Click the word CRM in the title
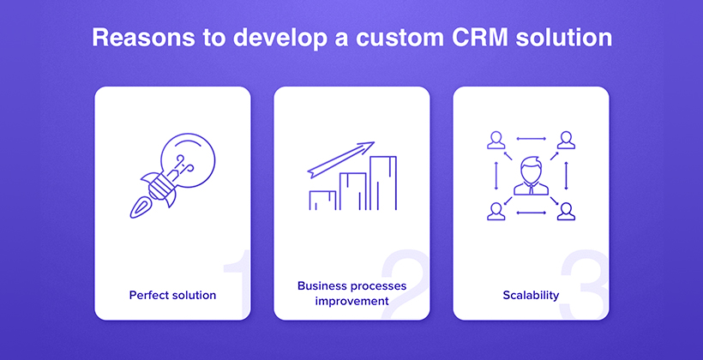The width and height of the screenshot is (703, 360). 480,38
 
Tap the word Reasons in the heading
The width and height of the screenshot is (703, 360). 143,38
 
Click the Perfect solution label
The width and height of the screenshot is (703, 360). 172,295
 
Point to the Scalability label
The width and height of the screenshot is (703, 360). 531,295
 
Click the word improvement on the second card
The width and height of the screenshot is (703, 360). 352,300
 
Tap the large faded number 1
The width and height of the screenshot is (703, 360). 237,285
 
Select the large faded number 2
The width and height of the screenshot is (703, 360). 405,285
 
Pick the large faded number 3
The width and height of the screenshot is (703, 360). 585,285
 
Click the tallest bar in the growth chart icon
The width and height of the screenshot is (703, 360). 383,183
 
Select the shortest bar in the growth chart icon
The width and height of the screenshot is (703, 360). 322,201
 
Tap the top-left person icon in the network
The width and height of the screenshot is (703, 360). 496,140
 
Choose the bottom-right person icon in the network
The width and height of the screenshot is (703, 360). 566,212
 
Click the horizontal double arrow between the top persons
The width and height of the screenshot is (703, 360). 531,139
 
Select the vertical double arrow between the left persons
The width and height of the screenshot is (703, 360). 496,176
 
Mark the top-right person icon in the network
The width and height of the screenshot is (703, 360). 566,140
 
